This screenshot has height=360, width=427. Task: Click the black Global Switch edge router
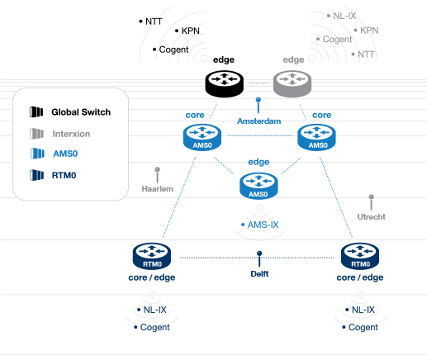pos(225,83)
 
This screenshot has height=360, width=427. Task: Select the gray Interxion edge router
pos(292,83)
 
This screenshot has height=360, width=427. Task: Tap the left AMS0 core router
pos(202,137)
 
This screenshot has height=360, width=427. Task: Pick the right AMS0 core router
pos(316,137)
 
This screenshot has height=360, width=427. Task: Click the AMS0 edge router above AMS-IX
pos(259,186)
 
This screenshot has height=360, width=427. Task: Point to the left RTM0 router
pos(152,256)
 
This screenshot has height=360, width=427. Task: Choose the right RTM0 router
pos(360,256)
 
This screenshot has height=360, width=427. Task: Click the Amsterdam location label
pos(259,121)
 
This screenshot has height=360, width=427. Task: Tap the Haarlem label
pos(158,189)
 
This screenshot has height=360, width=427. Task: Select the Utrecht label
pos(371,217)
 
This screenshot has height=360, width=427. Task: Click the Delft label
pos(259,274)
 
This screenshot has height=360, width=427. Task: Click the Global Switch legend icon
pos(36,112)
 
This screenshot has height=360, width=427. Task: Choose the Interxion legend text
pos(71,134)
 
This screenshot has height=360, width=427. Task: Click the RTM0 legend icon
pos(36,175)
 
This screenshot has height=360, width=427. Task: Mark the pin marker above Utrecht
pos(371,202)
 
